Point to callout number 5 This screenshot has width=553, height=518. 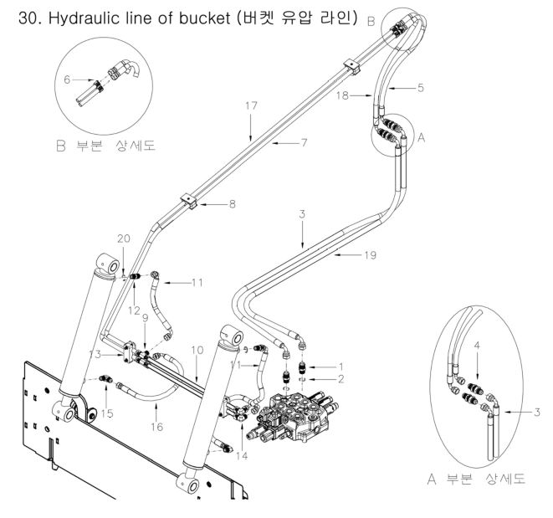(422, 86)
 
